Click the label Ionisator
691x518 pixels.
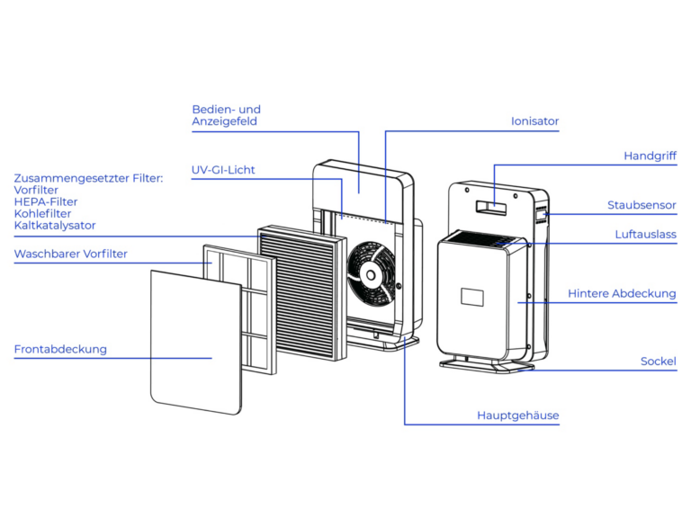pos(534,121)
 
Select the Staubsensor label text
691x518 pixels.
pos(642,206)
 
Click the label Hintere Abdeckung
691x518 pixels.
pos(622,294)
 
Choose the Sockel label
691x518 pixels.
pos(658,362)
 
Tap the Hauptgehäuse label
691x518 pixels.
pos(517,415)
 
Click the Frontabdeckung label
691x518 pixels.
pos(60,350)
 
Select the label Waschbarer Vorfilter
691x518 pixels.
pos(70,255)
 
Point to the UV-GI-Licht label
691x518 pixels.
pos(223,170)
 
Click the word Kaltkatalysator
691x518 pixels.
pos(55,226)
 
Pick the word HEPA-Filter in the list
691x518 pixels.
pos(46,202)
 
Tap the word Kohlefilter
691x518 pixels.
pos(42,214)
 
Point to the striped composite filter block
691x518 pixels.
pos(301,290)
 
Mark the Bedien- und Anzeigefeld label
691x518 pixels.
pos(226,115)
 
